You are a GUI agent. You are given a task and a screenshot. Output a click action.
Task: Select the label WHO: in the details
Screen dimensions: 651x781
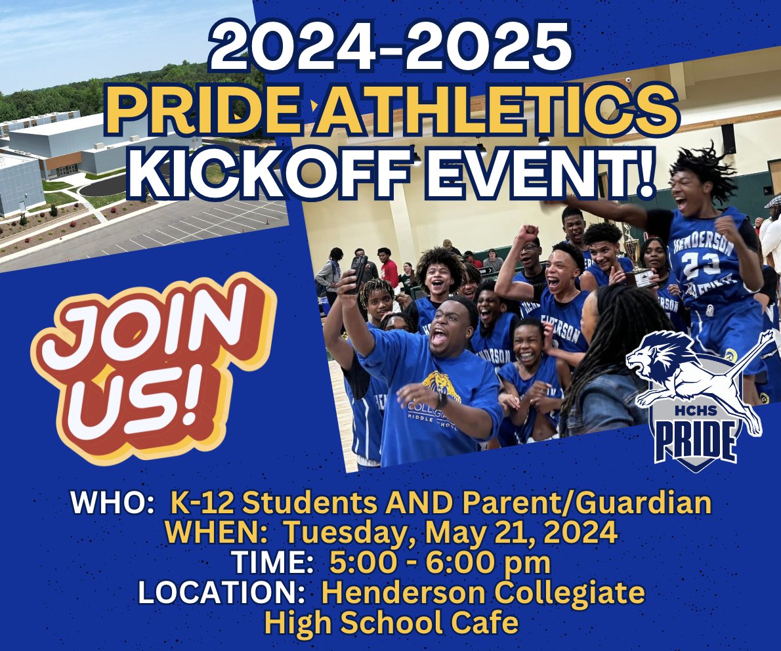[109, 504]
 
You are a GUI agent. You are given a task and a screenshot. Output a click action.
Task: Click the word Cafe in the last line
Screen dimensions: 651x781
[482, 623]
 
